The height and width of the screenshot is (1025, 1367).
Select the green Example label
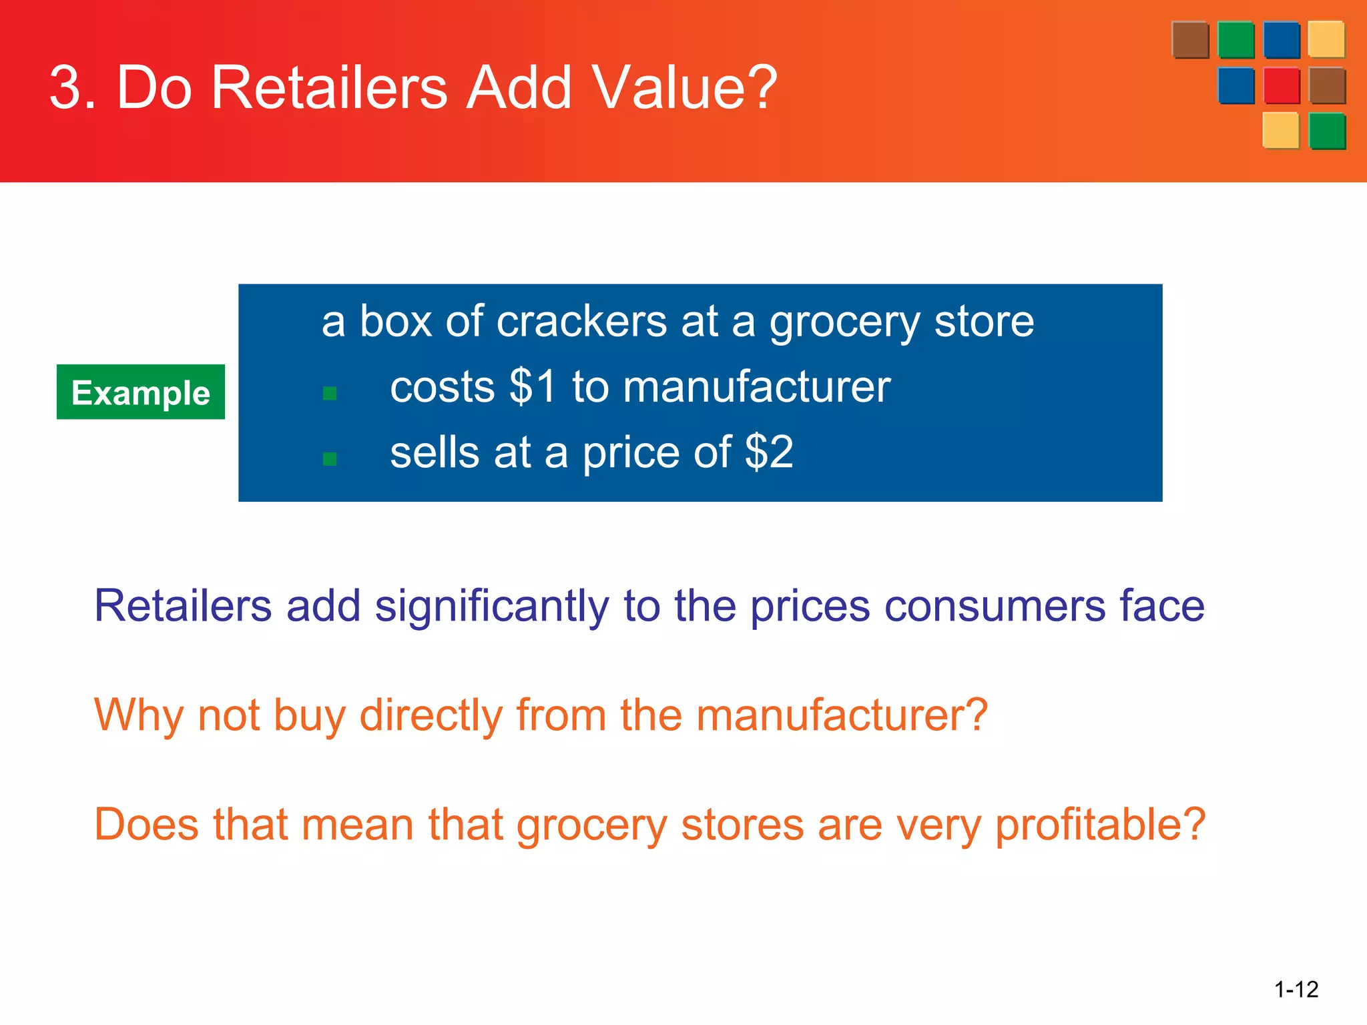click(x=141, y=392)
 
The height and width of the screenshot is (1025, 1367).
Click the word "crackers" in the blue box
click(x=581, y=322)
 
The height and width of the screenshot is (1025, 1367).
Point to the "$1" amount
click(x=532, y=386)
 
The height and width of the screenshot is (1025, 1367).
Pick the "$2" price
click(x=769, y=452)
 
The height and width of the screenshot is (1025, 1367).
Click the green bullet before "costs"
click(x=329, y=393)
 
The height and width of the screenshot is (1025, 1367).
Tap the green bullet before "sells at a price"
click(x=329, y=458)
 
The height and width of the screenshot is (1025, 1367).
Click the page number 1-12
click(x=1296, y=989)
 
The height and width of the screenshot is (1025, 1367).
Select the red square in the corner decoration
click(x=1282, y=85)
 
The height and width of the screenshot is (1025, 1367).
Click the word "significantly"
click(x=492, y=607)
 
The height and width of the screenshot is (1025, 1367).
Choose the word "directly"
click(x=431, y=716)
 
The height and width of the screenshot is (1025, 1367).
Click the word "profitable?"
click(x=1100, y=825)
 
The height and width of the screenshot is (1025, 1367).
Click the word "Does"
click(x=146, y=824)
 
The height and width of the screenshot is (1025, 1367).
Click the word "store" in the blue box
click(x=983, y=322)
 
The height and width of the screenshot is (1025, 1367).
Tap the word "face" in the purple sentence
click(x=1161, y=607)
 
